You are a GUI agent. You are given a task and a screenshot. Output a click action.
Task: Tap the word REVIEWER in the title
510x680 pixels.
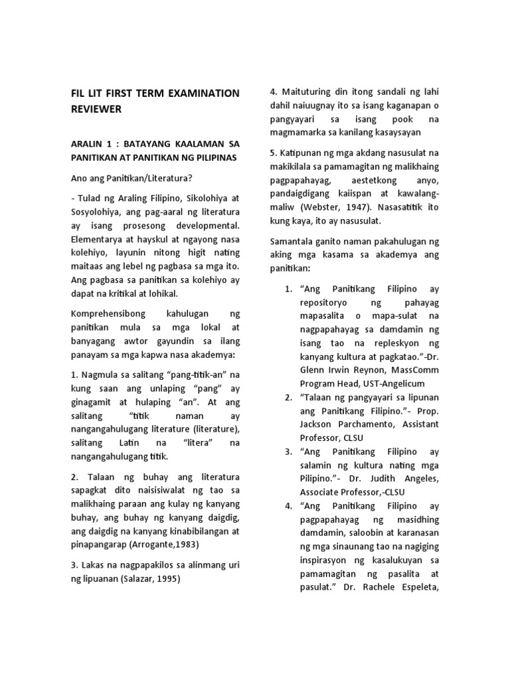click(98, 110)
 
